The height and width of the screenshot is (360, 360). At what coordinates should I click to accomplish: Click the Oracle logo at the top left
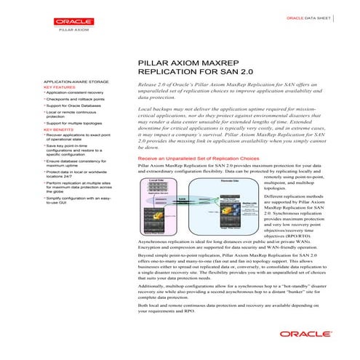coord(70,20)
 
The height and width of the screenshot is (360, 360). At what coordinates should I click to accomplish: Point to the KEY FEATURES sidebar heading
coord(59,87)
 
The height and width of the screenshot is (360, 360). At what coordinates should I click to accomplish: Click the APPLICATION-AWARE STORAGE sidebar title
coord(74,82)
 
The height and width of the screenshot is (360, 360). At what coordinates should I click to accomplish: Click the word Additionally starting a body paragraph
coord(157,289)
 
